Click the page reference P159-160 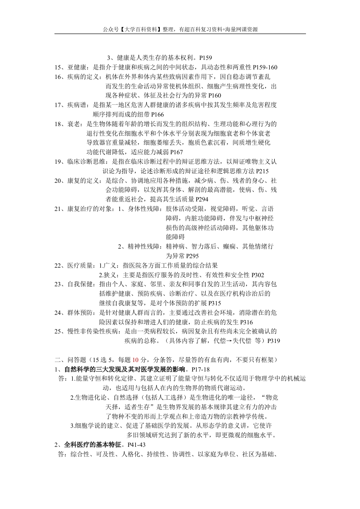(265, 68)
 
